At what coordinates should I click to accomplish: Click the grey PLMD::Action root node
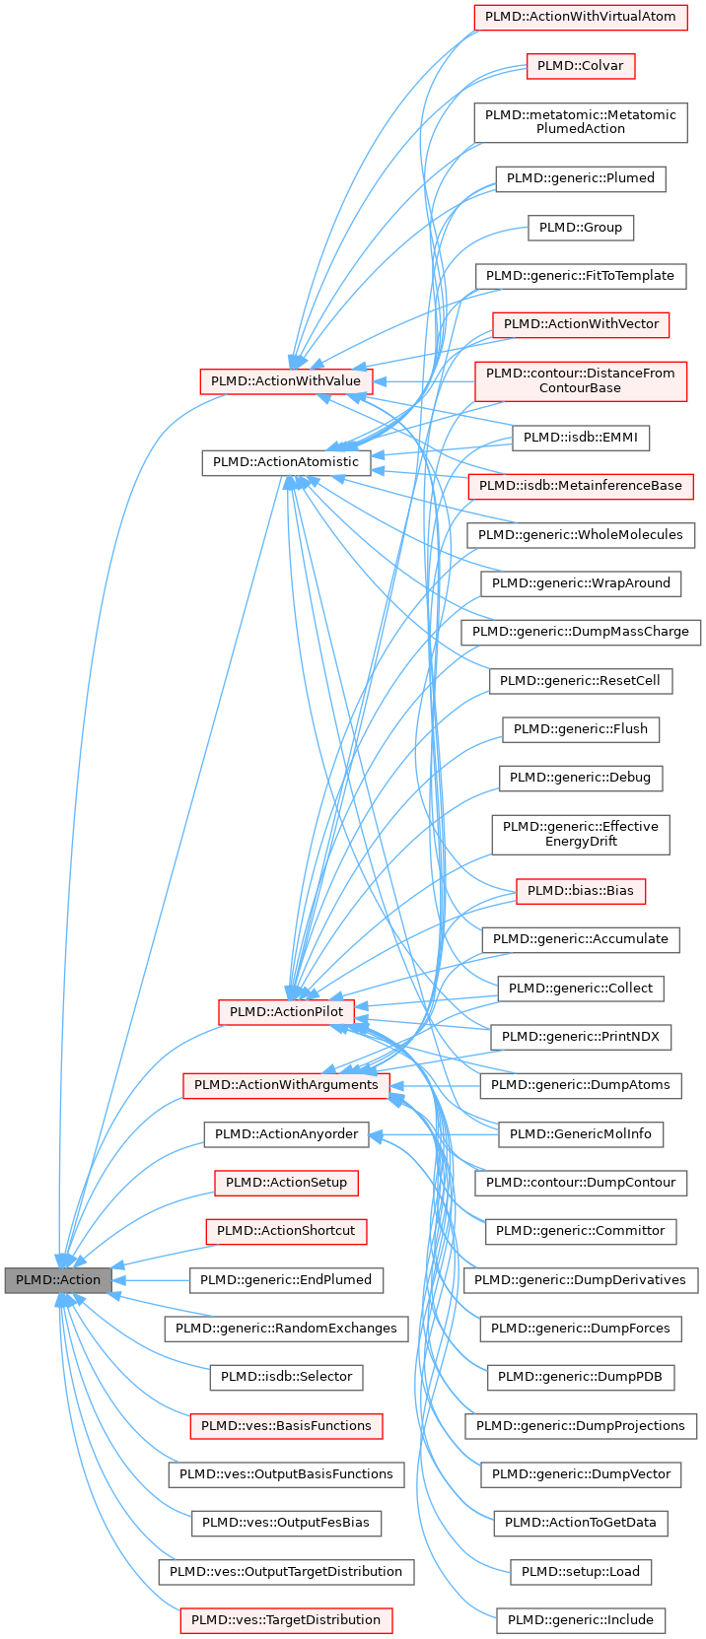click(x=58, y=1279)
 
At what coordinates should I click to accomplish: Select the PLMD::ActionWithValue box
click(x=286, y=380)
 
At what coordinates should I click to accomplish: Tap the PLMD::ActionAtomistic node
click(x=286, y=461)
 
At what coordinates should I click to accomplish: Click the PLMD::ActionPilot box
click(x=286, y=1011)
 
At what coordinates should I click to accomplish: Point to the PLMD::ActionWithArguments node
click(x=286, y=1084)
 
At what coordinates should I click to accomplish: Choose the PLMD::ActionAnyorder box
click(x=286, y=1133)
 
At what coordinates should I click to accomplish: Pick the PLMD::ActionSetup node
click(x=286, y=1182)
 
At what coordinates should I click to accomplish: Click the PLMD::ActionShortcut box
click(x=286, y=1230)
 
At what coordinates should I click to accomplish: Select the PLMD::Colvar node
click(x=580, y=66)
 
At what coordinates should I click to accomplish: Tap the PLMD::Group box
click(x=580, y=228)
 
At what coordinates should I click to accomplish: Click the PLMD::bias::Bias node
click(x=580, y=890)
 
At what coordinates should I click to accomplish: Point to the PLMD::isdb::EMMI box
click(x=580, y=437)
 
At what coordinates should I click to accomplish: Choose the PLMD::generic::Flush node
click(x=580, y=728)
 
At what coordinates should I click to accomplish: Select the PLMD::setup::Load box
click(x=580, y=1571)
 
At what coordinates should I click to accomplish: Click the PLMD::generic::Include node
click(x=580, y=1619)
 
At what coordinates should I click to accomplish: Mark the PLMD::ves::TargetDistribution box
click(x=286, y=1619)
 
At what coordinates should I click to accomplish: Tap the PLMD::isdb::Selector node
click(x=286, y=1376)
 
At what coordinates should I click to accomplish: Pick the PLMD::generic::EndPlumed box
click(x=286, y=1279)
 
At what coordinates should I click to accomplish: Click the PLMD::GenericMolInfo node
click(x=580, y=1133)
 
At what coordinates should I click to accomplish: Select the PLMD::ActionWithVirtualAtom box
click(x=580, y=17)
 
